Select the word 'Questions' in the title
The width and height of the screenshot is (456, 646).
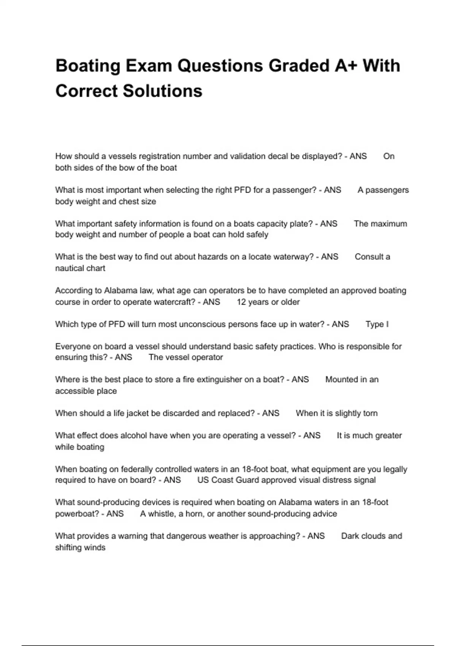tap(220, 66)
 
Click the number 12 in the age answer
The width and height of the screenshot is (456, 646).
tap(241, 302)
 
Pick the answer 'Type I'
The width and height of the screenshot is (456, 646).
tap(377, 325)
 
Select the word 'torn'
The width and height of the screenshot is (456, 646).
tap(370, 413)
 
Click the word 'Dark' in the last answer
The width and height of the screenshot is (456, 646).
tap(350, 536)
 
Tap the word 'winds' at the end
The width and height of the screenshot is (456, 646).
tap(95, 548)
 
